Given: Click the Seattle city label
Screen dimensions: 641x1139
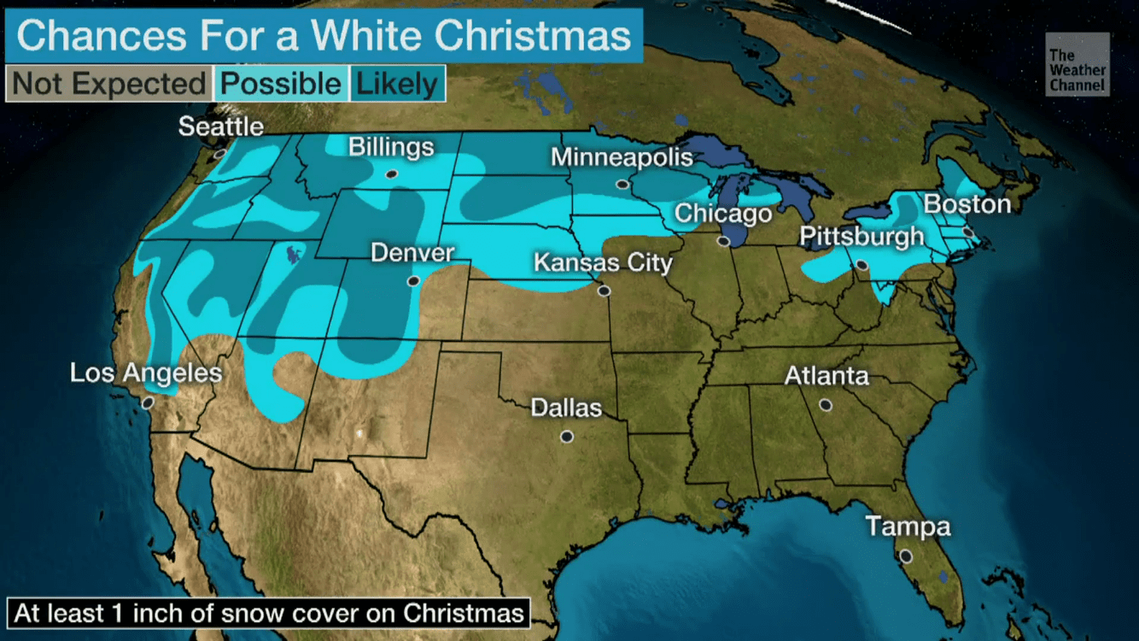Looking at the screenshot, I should tap(221, 126).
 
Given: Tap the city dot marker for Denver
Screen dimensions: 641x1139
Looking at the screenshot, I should tap(413, 280).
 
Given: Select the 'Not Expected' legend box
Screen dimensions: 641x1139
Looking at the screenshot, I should tap(108, 84).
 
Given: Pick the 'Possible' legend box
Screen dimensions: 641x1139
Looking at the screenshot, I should tap(281, 84).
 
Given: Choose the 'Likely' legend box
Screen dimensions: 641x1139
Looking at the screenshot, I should tap(396, 84).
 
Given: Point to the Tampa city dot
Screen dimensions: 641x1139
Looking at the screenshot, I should tap(906, 556).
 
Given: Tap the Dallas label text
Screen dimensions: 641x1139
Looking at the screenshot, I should tap(566, 408).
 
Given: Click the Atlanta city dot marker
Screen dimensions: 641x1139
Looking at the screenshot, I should tap(826, 405).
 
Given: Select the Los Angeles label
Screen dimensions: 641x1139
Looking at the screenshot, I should tap(146, 373).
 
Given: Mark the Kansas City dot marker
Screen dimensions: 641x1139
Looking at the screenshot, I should tap(605, 291).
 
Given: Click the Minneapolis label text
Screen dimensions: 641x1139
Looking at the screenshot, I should tap(622, 157).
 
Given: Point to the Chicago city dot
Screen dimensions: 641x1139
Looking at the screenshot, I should tap(723, 242).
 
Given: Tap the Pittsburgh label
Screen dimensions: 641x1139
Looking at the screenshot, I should tap(862, 236).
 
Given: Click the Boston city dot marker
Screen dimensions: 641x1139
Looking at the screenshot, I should tap(967, 232).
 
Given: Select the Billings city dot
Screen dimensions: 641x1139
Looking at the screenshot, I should tap(391, 173).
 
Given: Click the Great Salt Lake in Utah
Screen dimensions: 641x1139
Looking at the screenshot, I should tap(293, 253).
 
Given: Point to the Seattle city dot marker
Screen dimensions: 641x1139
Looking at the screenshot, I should tap(219, 154).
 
